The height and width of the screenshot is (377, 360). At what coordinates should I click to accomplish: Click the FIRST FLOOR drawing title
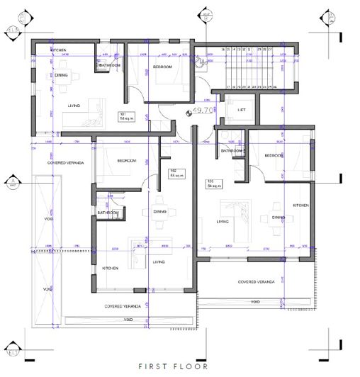pos(173,366)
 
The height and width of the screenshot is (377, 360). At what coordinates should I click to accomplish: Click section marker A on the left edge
pos(11,182)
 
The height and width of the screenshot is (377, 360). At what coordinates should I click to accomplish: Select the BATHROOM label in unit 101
pos(110,66)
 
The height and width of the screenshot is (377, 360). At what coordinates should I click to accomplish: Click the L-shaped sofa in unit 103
pos(237,210)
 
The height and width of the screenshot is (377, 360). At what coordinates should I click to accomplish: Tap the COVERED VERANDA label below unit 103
pos(256,281)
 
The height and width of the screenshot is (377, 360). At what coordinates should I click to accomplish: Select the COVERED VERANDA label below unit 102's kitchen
pos(122,307)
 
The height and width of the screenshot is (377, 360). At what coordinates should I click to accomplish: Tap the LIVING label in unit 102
pos(159,261)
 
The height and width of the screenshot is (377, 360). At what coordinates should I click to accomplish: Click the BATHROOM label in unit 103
pos(232,151)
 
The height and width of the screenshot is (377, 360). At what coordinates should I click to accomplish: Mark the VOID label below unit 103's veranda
pos(256,302)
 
